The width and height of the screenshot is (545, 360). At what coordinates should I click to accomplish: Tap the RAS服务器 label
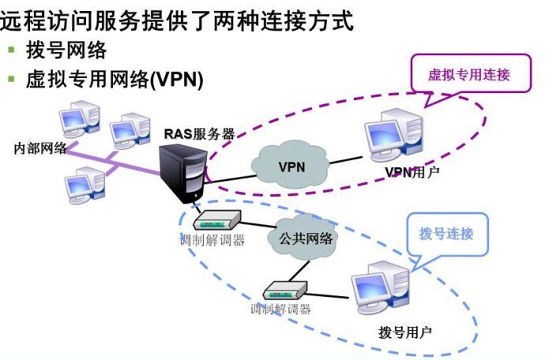[199, 133]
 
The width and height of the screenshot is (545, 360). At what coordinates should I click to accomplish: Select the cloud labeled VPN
[291, 166]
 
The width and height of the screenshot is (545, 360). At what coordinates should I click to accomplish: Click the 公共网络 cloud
[305, 237]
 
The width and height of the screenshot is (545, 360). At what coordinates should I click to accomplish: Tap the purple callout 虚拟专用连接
[468, 76]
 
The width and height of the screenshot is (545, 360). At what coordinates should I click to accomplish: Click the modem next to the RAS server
[212, 220]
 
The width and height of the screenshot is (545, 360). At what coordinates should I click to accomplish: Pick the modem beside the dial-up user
[284, 290]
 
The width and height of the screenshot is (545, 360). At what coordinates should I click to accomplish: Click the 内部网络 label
[40, 148]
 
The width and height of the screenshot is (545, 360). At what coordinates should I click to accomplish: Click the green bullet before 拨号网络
[12, 50]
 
